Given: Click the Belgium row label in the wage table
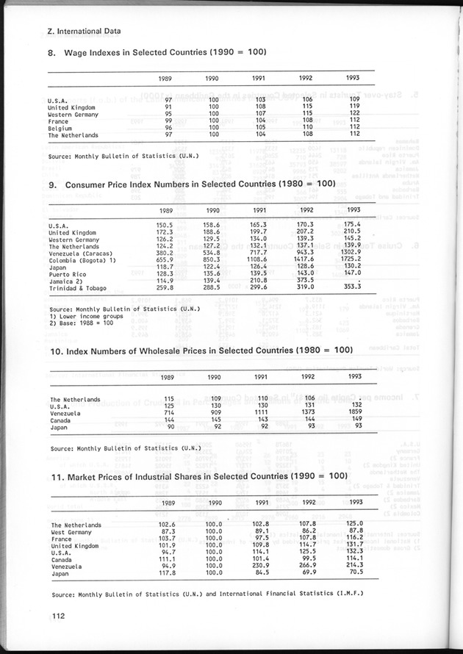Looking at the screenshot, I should [60, 128].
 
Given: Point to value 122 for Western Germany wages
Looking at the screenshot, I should [353, 114].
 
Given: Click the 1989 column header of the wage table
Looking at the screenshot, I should [167, 78].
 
